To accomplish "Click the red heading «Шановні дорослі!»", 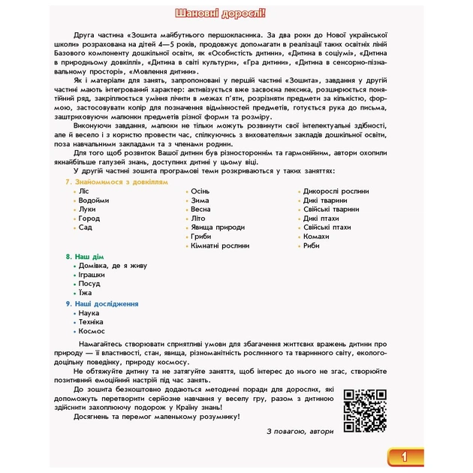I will [x=236, y=14].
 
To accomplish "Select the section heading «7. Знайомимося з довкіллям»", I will [x=112, y=182].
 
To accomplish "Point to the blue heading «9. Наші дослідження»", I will [x=102, y=303].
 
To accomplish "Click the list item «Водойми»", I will [x=93, y=200].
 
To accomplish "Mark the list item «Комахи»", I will [x=316, y=236].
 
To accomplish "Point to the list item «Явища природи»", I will [x=217, y=227].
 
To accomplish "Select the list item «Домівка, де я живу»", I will [x=112, y=265].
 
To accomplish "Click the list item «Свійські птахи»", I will [x=327, y=227].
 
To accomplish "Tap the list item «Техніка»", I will [x=92, y=321].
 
